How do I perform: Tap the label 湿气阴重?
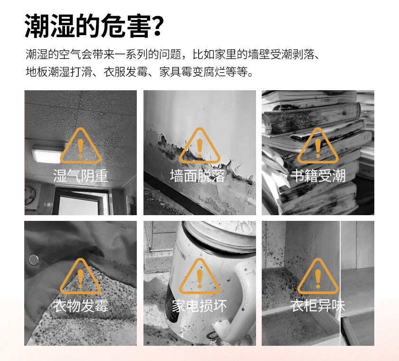point(80,176)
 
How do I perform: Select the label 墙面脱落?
point(198,176)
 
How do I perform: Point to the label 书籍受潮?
point(318,176)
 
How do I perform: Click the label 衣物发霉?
point(80,306)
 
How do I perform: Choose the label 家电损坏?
point(199,306)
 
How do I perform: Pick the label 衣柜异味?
point(318,306)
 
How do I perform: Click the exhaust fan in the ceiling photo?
point(32,195)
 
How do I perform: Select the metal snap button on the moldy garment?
point(33,260)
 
